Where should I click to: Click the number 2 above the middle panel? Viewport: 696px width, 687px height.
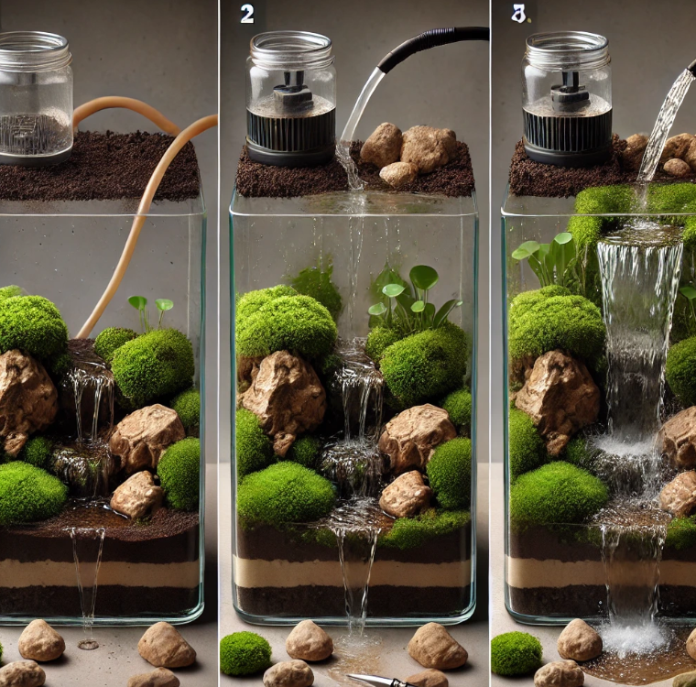[247, 15]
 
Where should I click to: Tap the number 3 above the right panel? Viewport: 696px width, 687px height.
[517, 15]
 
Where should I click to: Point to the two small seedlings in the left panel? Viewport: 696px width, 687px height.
[151, 312]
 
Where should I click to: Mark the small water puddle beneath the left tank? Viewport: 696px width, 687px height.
[88, 643]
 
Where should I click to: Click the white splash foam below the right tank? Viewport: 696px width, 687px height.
[634, 638]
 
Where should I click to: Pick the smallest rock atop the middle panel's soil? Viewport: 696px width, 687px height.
[398, 174]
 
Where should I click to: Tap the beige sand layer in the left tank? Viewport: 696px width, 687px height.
[99, 572]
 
